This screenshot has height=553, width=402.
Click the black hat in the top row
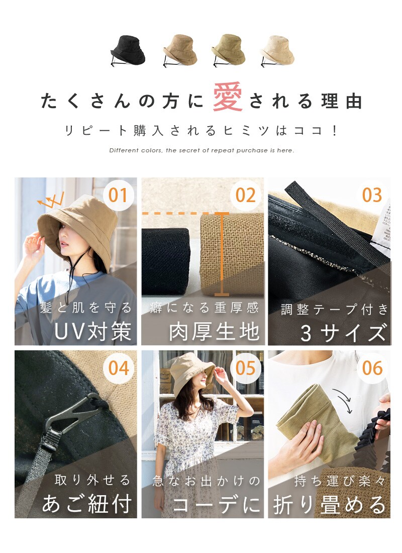tap(128, 51)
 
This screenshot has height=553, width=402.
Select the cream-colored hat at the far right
tap(277, 51)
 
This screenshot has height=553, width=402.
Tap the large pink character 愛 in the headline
tap(228, 97)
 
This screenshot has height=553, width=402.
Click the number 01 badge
tap(118, 195)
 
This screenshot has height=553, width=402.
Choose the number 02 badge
tap(245, 195)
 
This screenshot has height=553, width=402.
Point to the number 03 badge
tap(372, 195)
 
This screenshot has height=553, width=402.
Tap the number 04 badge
tap(118, 368)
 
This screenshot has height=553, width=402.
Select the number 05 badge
tap(245, 368)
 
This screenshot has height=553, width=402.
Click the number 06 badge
tap(372, 368)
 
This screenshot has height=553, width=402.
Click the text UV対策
tap(93, 331)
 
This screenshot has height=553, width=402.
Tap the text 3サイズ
tap(343, 333)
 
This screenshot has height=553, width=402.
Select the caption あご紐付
tap(87, 504)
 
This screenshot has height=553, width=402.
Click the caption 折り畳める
tap(329, 505)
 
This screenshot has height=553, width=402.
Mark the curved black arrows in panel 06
tap(343, 400)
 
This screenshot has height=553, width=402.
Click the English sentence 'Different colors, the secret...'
tap(202, 150)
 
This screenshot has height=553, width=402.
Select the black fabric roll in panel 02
tap(166, 261)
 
